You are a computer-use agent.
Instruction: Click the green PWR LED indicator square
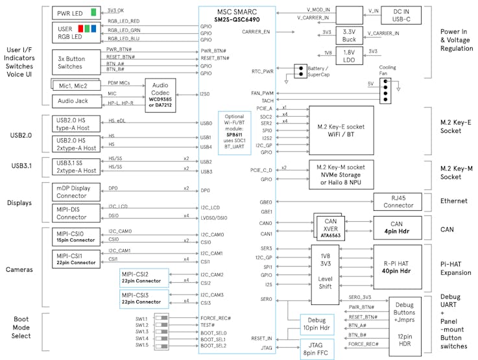94,12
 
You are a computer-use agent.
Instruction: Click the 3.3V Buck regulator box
349,36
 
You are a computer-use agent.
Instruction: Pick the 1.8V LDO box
349,56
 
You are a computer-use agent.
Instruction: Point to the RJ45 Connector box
402,202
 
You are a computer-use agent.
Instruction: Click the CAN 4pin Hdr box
402,228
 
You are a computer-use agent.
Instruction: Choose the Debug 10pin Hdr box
317,324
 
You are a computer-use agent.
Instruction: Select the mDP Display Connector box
77,193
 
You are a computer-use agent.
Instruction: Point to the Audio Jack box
77,101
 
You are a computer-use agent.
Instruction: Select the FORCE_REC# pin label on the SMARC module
215,318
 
